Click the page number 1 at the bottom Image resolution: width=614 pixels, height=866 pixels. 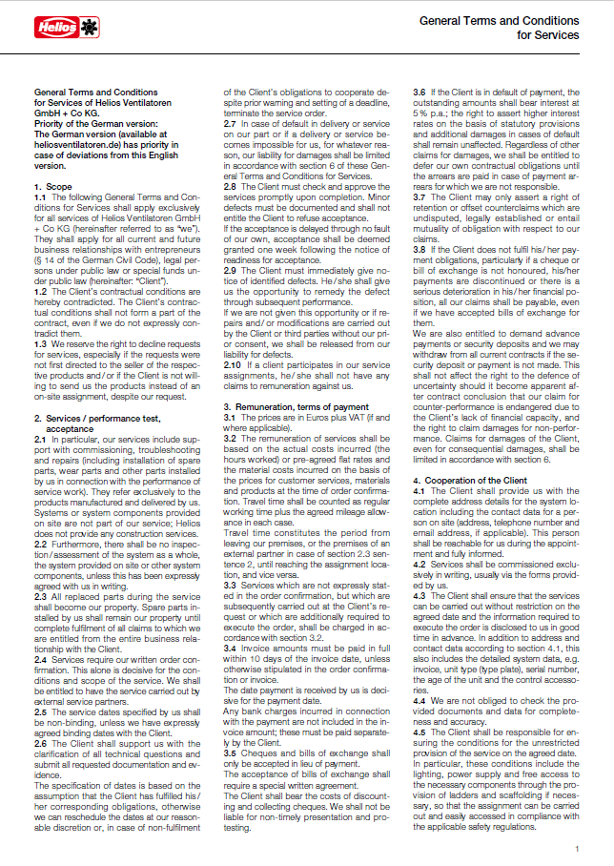576,848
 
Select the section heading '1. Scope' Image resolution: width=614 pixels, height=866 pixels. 52,186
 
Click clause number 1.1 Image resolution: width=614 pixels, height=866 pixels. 40,196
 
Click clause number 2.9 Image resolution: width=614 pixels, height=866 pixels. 231,271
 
